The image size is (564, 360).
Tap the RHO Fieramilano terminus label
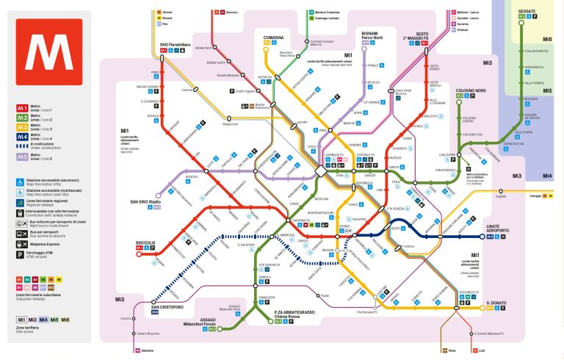coord(175,45)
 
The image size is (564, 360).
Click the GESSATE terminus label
coord(526,12)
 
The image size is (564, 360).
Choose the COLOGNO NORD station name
coord(469,90)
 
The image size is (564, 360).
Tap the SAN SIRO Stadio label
coord(145,201)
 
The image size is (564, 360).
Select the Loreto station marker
coord(388,167)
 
